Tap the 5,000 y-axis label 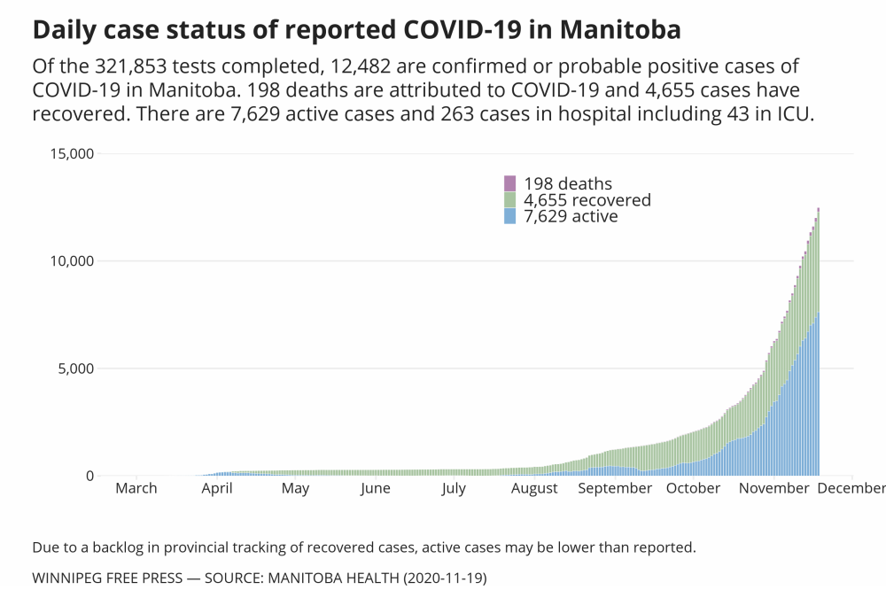coord(74,369)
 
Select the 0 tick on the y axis coord(89,476)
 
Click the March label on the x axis coord(136,488)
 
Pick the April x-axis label coord(217,488)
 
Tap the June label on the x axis coord(375,488)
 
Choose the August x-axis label coord(534,488)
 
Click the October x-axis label coord(693,488)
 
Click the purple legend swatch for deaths coord(509,183)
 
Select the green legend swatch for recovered coord(509,200)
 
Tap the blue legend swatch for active coord(509,216)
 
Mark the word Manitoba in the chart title coord(612,30)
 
